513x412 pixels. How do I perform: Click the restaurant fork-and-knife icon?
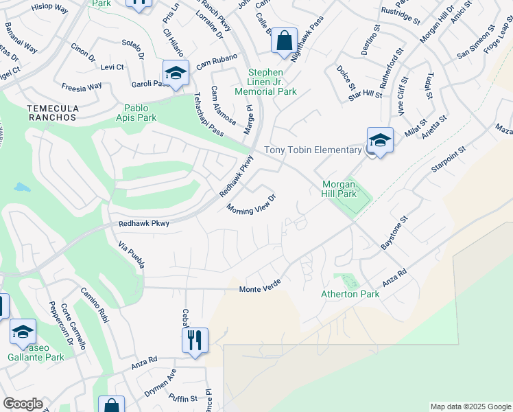[195, 339]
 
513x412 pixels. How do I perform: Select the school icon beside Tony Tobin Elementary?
[379, 139]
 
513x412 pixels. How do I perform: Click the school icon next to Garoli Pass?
[176, 73]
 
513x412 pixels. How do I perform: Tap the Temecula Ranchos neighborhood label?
[51, 113]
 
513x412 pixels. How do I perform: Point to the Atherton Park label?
[350, 294]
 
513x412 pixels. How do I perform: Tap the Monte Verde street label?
[261, 290]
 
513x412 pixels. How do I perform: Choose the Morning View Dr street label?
[251, 204]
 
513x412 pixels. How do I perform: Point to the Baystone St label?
[394, 233]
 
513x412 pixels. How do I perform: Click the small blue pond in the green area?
[22, 187]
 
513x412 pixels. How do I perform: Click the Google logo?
[23, 404]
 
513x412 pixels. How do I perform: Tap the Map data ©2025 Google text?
[470, 407]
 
